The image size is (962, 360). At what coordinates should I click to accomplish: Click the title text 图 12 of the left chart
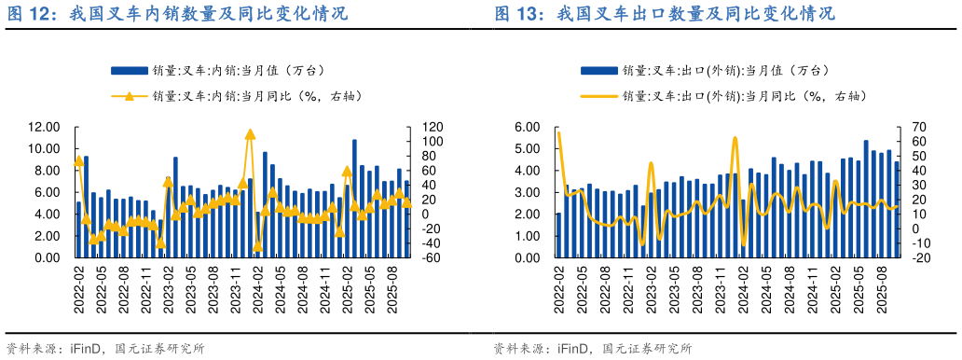(28, 14)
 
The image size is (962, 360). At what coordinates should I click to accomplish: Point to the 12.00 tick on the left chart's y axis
(44, 127)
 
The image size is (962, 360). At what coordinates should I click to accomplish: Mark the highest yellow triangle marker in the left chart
(250, 134)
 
